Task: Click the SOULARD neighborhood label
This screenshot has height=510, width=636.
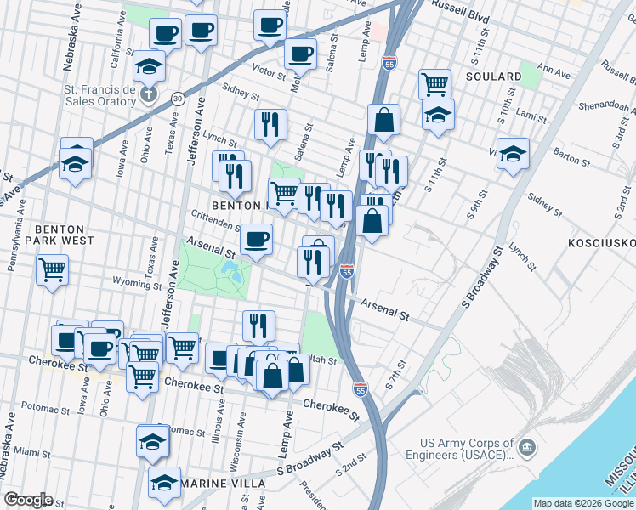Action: point(493,76)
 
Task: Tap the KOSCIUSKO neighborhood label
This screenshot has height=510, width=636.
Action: point(601,243)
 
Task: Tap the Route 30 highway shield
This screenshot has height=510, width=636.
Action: point(177,99)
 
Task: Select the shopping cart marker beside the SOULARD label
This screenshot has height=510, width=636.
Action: point(434,83)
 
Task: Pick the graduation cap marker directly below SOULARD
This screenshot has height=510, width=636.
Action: point(438,115)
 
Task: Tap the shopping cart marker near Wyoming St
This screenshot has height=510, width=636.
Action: point(53,270)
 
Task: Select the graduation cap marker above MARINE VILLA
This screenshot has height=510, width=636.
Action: point(152,441)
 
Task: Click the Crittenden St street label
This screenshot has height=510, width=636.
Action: point(216,221)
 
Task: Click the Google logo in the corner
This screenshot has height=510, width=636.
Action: point(29,500)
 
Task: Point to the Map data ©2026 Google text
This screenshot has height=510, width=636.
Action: point(582,503)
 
